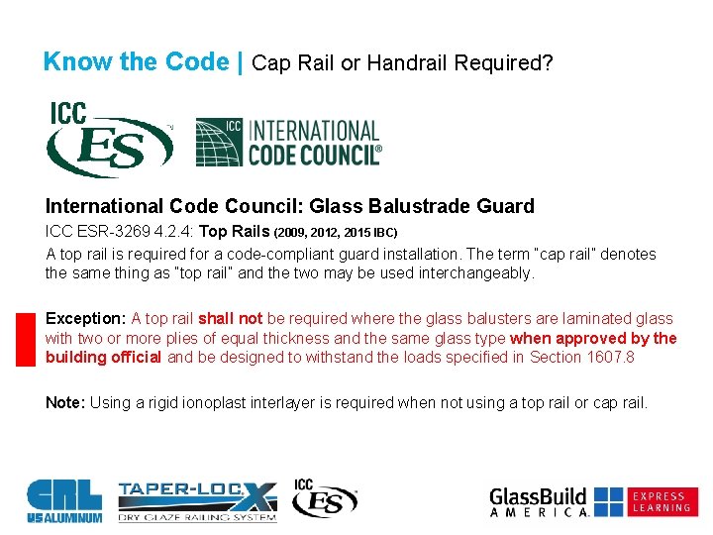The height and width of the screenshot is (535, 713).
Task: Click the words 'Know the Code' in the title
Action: [136, 62]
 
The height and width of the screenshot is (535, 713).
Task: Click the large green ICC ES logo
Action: [108, 140]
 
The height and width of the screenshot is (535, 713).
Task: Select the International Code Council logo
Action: [288, 142]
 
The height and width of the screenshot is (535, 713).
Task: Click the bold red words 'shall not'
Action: [230, 319]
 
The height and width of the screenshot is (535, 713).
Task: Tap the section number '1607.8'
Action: [610, 357]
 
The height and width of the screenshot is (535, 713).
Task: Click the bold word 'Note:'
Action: [66, 402]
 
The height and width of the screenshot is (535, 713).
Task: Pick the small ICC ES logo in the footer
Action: [325, 498]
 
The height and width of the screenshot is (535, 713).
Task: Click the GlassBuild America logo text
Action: [540, 501]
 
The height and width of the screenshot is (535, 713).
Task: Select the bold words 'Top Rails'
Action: [235, 231]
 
